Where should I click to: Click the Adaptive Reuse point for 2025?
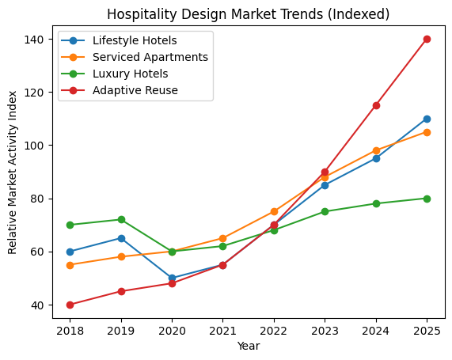pos(427,39)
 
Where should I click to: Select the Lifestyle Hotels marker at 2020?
pos(172,278)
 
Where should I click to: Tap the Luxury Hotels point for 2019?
pos(121,219)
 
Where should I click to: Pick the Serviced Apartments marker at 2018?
pos(70,265)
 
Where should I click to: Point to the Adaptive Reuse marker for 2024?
pos(376,105)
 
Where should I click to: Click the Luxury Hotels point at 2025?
pos(427,199)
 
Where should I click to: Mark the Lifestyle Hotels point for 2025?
pos(427,119)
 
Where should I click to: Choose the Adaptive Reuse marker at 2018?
pos(70,305)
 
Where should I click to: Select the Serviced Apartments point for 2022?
pos(274,211)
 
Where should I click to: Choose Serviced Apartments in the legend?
pos(150,57)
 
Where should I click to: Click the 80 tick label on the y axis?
pos(41,199)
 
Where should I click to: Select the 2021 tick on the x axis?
pos(222,330)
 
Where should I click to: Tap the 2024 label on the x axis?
pos(376,330)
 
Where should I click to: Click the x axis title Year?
pos(249,346)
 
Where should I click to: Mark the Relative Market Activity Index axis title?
pos(13,172)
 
